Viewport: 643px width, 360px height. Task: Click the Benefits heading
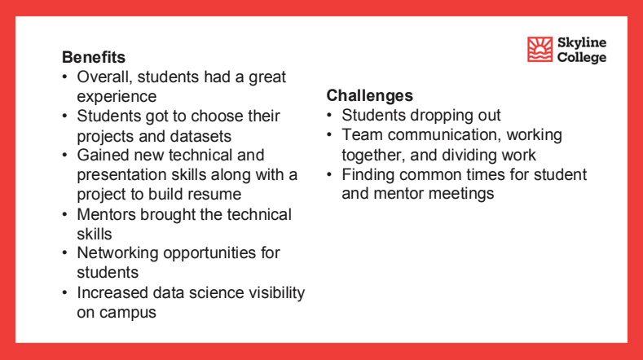point(94,58)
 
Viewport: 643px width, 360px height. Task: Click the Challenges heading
point(369,96)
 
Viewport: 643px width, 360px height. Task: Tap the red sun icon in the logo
point(540,50)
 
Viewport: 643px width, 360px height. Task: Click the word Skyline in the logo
point(582,42)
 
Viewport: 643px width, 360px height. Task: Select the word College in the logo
point(582,58)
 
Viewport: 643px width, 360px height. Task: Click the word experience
point(117,97)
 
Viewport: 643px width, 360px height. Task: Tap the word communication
point(455,135)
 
